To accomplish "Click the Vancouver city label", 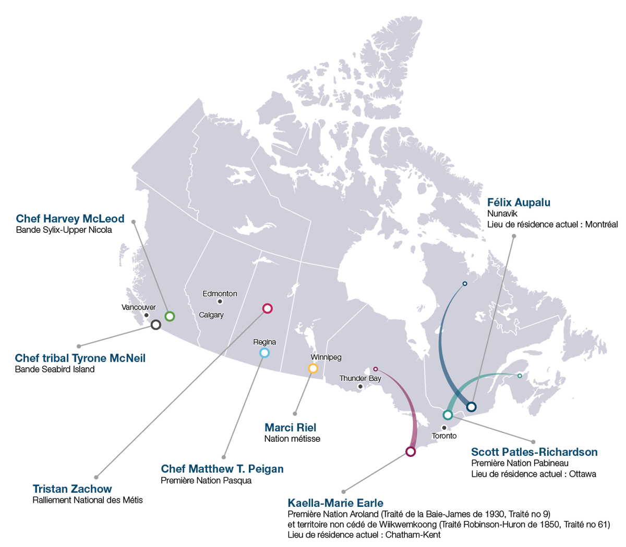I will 138,307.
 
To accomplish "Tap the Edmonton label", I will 220,294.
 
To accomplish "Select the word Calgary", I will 211,315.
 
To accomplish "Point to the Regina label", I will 264,342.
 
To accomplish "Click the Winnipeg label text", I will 326,357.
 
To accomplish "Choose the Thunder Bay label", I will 360,378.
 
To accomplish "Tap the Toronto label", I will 444,436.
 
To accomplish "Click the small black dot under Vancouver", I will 146,315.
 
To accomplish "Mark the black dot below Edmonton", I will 220,302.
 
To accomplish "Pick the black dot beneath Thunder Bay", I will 360,387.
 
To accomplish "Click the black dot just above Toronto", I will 444,428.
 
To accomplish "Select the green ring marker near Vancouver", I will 170,316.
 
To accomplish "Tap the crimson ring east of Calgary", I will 267,308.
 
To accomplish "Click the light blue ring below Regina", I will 264,353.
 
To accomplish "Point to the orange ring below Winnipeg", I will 313,368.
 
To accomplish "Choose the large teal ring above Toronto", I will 448,415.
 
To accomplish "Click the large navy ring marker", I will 471,407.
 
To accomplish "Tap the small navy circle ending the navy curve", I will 465,284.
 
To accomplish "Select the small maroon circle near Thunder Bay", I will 376,369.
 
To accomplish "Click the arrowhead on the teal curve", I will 498,373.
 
